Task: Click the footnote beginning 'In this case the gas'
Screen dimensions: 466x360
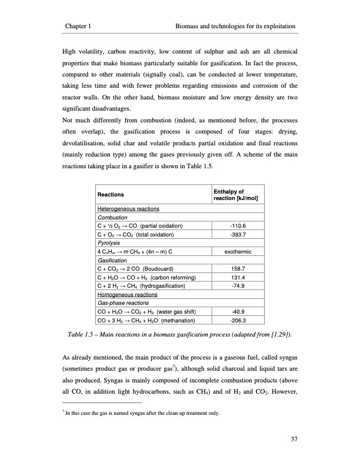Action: (141, 413)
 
